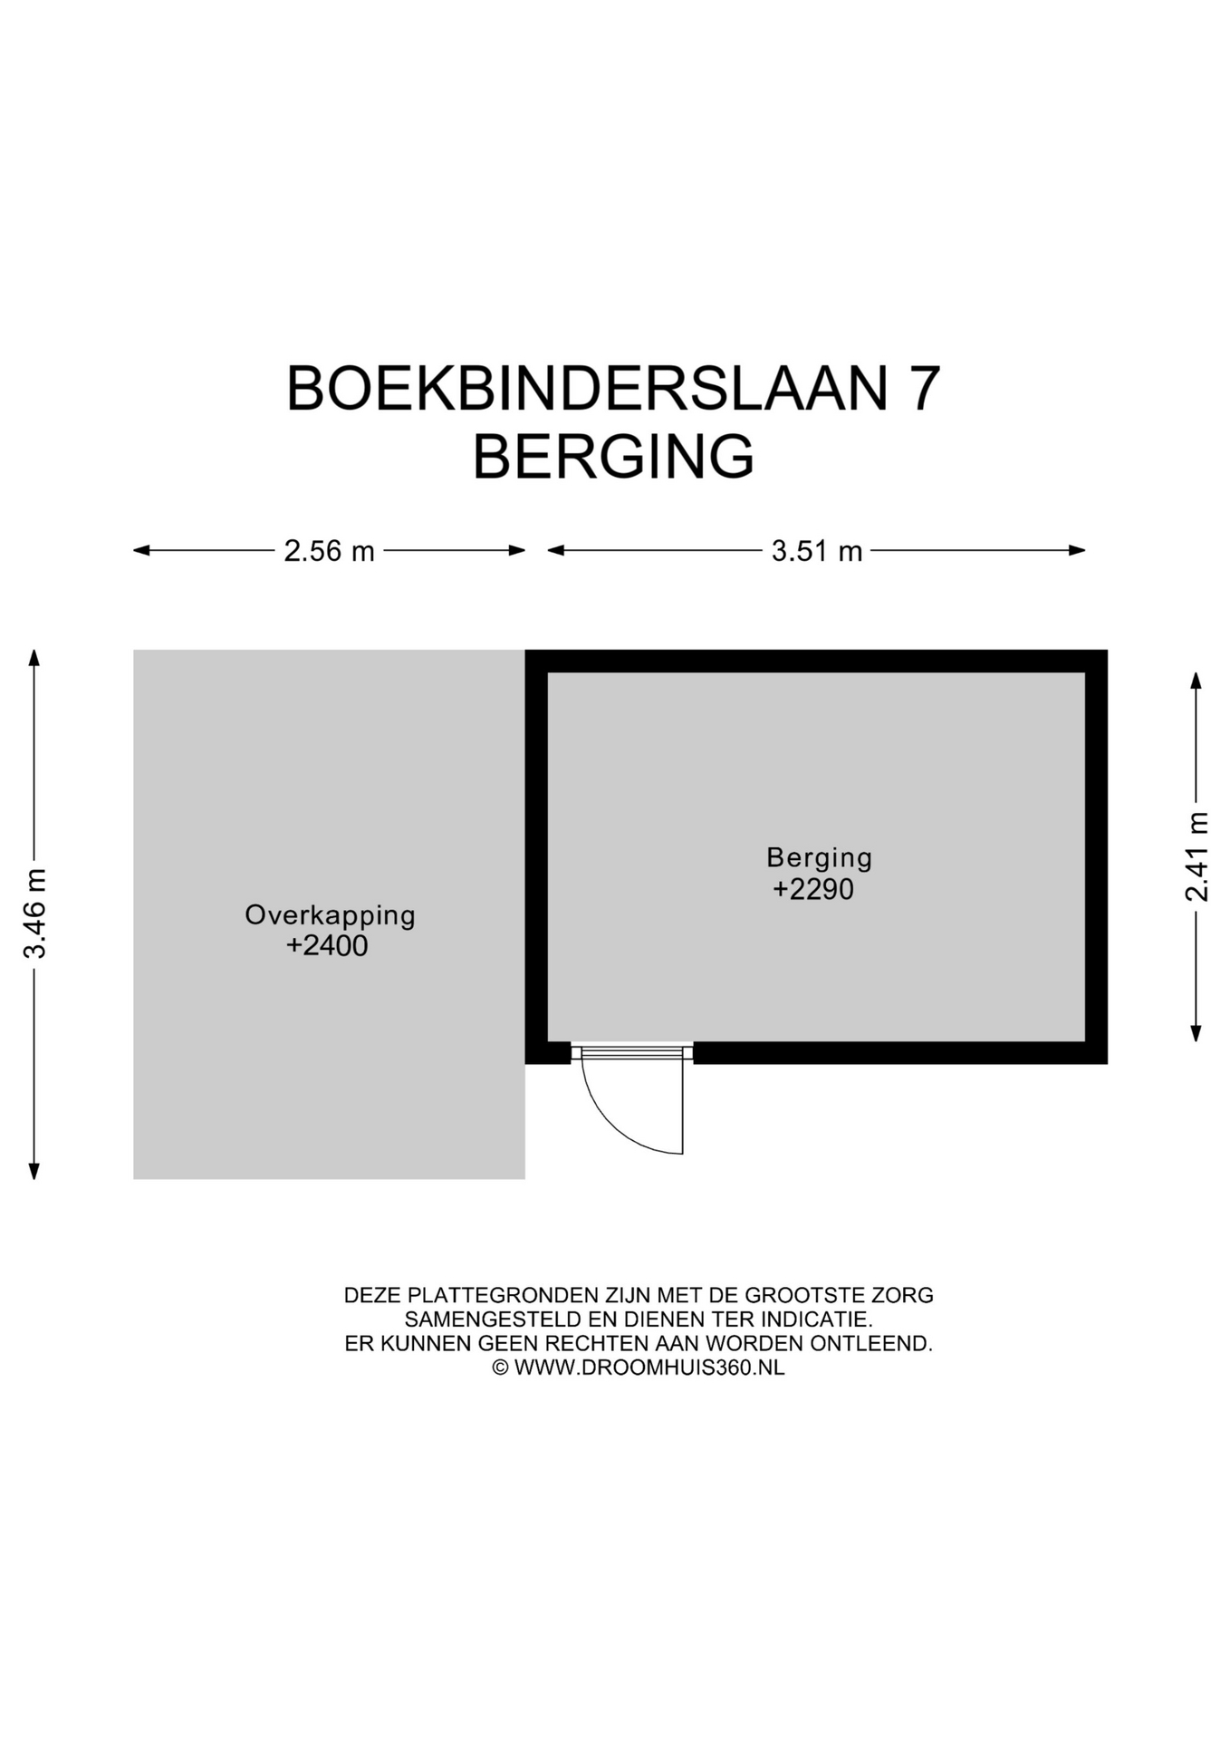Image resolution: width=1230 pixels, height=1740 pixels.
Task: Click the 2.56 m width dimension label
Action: click(x=329, y=551)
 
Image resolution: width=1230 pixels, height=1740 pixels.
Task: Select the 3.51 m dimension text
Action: click(x=816, y=551)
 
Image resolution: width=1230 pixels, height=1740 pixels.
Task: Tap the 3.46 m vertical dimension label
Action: click(x=34, y=913)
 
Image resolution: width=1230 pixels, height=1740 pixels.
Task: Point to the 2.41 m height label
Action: click(x=1196, y=856)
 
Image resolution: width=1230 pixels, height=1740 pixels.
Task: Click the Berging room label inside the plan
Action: click(x=819, y=858)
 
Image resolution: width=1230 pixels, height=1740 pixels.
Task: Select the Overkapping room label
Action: click(x=330, y=915)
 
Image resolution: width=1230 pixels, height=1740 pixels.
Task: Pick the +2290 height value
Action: click(x=812, y=889)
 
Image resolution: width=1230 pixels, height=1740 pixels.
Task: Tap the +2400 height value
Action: click(x=327, y=946)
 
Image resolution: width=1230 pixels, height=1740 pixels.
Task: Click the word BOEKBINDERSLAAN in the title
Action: click(x=587, y=389)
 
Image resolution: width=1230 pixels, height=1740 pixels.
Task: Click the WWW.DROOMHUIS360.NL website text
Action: click(x=649, y=1368)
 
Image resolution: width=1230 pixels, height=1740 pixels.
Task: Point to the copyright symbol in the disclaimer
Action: click(x=500, y=1368)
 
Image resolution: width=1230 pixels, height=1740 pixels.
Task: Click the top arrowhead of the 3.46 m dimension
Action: click(x=34, y=657)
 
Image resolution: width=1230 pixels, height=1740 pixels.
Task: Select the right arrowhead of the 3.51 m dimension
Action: click(x=1077, y=550)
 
